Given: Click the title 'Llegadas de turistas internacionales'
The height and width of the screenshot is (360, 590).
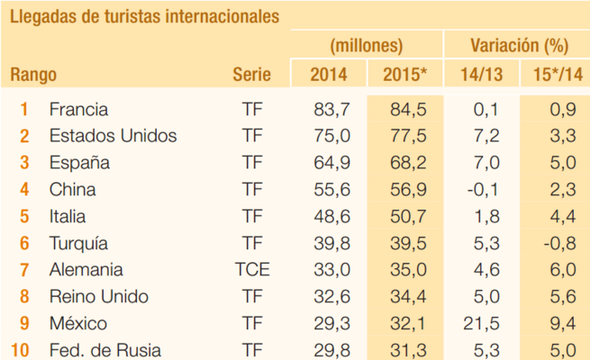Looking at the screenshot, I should pos(144,16).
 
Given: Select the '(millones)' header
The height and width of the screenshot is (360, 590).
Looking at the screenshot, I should pos(367,45).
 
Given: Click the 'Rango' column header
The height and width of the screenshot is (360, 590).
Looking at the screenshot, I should pos(33,75).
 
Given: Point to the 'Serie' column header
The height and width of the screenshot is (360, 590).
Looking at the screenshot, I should pos(251,75).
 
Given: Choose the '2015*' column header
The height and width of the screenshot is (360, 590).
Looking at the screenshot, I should pos(405,75).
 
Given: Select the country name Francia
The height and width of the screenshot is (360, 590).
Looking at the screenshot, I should pos(78,110).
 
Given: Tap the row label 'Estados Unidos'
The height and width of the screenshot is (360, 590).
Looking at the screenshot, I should pos(113,137).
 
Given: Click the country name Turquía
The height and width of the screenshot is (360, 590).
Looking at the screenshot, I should pos(78,244).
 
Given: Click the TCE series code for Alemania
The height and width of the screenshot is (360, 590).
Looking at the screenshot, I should pos(253,270).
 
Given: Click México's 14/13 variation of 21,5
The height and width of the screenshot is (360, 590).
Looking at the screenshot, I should pos(485,324).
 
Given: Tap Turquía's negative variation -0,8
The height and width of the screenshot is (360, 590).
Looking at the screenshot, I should pos(559,244).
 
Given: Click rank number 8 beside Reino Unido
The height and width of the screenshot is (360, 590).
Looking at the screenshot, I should pos(24,297).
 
